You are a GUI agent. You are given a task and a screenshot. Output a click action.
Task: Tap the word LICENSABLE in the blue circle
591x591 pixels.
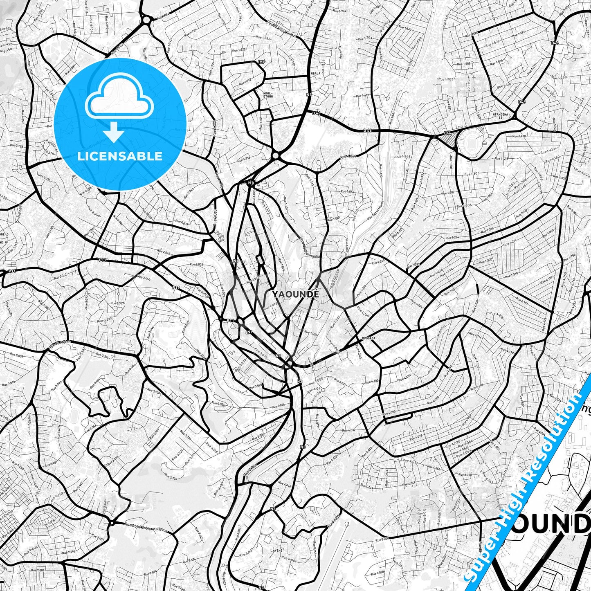coord(120,156)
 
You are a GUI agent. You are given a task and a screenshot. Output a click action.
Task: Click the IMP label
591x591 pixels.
coord(262,62)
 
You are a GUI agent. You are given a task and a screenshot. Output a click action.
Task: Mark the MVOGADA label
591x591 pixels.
coord(369,338)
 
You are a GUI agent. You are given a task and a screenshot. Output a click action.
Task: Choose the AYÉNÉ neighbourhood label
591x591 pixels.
coord(278,551)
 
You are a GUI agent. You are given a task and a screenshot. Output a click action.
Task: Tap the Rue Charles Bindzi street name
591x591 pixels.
coord(282,28)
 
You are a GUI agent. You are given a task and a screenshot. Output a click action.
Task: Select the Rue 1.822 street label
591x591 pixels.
coord(238,49)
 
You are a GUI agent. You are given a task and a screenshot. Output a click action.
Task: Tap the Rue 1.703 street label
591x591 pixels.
coord(446,79)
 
